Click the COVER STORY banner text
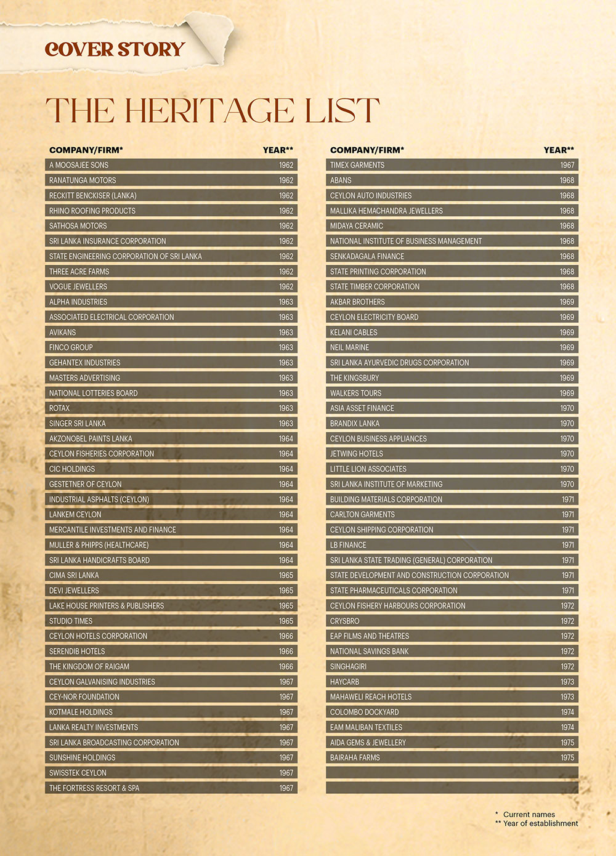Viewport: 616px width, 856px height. click(x=115, y=49)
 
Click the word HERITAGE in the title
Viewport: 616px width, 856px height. click(x=210, y=110)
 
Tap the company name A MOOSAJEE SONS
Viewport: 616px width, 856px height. click(x=79, y=165)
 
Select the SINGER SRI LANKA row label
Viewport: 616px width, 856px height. click(x=77, y=424)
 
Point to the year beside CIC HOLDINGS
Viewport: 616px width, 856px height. click(x=286, y=469)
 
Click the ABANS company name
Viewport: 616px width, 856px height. click(x=341, y=180)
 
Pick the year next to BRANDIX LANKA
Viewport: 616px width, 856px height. click(x=567, y=424)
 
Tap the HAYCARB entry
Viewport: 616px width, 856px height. click(x=344, y=682)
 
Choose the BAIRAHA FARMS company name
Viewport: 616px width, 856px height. click(x=355, y=757)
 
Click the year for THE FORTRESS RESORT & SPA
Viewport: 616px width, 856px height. click(x=286, y=788)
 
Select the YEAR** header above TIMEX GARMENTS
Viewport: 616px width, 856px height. click(x=559, y=150)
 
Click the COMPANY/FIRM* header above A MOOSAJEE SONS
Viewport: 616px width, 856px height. click(x=86, y=150)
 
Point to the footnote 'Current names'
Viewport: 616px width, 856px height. click(x=529, y=814)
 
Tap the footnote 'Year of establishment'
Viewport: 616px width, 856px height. click(x=540, y=823)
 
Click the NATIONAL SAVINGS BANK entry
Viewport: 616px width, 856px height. click(x=369, y=651)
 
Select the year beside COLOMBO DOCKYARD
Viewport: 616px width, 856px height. click(x=567, y=712)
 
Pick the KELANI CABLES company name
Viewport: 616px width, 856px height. click(x=354, y=333)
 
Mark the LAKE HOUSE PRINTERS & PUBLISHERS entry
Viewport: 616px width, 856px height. click(x=106, y=606)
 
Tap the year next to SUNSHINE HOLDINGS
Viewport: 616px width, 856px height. click(x=286, y=757)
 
